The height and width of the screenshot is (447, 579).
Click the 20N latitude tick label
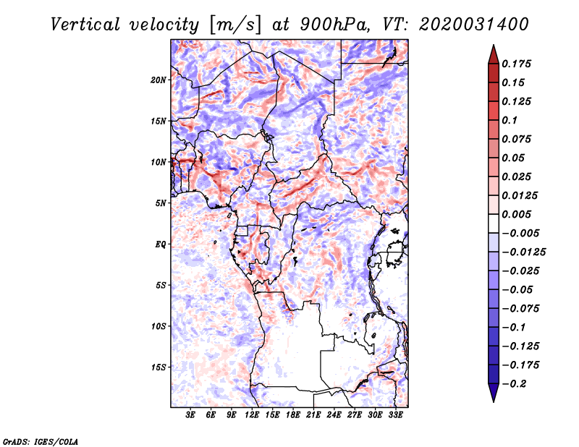coord(159,80)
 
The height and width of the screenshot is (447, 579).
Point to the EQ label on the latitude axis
coord(160,244)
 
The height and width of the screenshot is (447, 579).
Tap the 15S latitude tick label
coord(159,367)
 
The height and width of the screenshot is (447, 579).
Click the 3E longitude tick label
coord(190,415)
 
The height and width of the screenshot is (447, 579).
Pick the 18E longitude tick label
coord(293,415)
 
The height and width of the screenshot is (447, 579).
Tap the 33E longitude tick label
coord(396,415)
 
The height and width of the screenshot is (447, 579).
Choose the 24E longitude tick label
coord(334,415)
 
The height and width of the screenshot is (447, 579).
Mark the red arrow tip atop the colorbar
coord(493,49)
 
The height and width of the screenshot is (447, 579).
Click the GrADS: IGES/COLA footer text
coord(41,440)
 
